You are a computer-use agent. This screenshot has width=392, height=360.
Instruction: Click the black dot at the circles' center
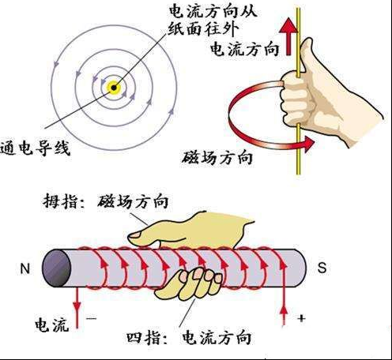coord(114,88)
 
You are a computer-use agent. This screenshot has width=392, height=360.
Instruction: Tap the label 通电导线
coord(35,148)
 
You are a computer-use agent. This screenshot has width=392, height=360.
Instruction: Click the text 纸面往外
coord(203,28)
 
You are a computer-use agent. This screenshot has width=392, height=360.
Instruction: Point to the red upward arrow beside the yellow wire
coord(288,36)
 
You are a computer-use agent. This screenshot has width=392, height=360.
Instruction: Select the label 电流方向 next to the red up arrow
coord(244,49)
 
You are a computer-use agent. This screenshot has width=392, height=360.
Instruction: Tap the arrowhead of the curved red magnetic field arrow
coord(308,144)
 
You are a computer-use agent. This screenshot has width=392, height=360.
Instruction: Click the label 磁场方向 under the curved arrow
coord(217,157)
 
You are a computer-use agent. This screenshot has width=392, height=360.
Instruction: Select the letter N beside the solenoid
coord(25,268)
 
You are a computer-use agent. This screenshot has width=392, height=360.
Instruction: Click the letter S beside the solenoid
coord(322,268)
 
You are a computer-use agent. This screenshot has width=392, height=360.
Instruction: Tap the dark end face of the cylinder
coord(56,268)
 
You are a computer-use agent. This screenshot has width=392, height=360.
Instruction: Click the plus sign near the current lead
coord(301,318)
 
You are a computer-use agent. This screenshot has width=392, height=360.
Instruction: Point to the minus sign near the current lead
coord(92,319)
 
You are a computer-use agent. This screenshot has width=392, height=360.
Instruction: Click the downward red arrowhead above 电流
coord(77,307)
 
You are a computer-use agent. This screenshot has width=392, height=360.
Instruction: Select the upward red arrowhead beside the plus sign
coord(284,310)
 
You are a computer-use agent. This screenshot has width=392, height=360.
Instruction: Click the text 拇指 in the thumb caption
coord(59,202)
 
